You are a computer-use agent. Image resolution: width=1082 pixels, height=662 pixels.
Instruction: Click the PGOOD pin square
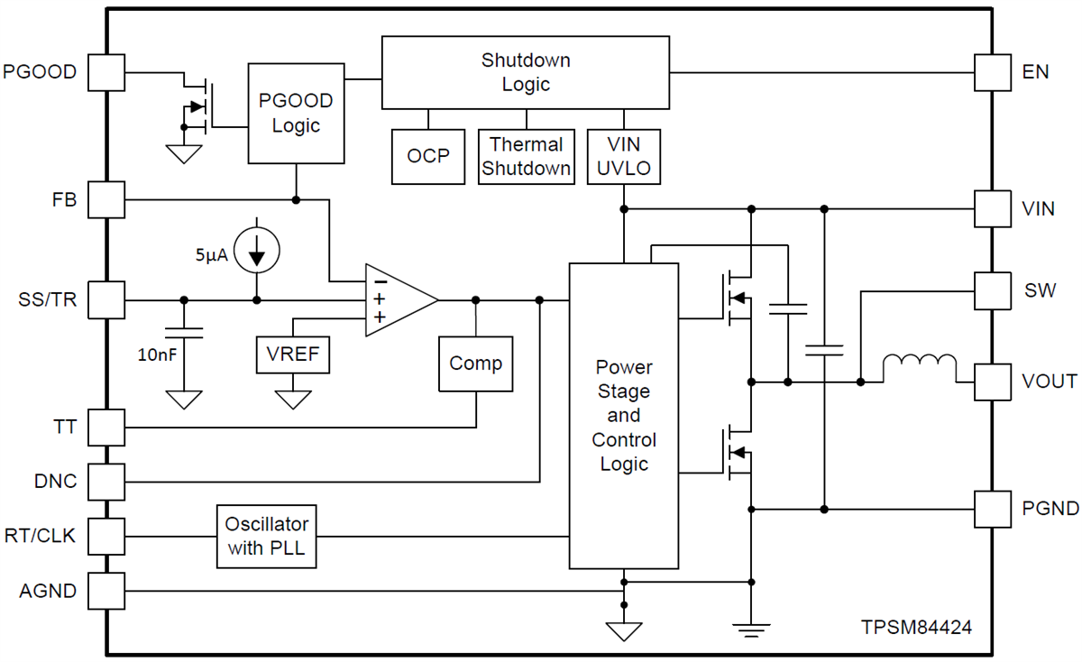coord(106,72)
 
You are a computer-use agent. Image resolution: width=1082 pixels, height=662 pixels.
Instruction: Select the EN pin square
coord(993,72)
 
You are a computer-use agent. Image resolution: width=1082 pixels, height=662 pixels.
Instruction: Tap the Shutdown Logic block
coord(526,73)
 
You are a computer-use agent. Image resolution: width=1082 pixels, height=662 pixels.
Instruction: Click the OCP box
coord(428,156)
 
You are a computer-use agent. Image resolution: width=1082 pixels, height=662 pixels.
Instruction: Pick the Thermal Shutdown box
coord(526,156)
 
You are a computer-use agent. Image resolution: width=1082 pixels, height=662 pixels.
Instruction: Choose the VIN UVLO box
coord(624,156)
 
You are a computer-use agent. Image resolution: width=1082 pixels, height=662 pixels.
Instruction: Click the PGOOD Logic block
coord(296,114)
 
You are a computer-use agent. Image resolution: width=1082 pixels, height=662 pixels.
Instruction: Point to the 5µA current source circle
coord(257,252)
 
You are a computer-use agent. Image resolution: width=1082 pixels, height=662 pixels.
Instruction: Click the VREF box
coord(293,354)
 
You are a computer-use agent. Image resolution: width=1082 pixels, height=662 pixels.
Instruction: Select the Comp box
coord(475,363)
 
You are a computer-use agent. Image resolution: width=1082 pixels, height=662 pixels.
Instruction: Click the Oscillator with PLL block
coord(267,536)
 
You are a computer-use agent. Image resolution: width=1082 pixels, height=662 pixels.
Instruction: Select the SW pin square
coord(993,290)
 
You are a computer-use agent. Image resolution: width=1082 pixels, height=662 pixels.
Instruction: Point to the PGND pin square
coord(993,509)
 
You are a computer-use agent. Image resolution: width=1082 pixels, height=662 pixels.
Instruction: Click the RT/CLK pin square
coord(106,536)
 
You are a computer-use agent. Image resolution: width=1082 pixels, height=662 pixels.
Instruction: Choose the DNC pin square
coord(106,482)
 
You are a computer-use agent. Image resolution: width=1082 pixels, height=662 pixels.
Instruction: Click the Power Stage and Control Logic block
coord(623,416)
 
